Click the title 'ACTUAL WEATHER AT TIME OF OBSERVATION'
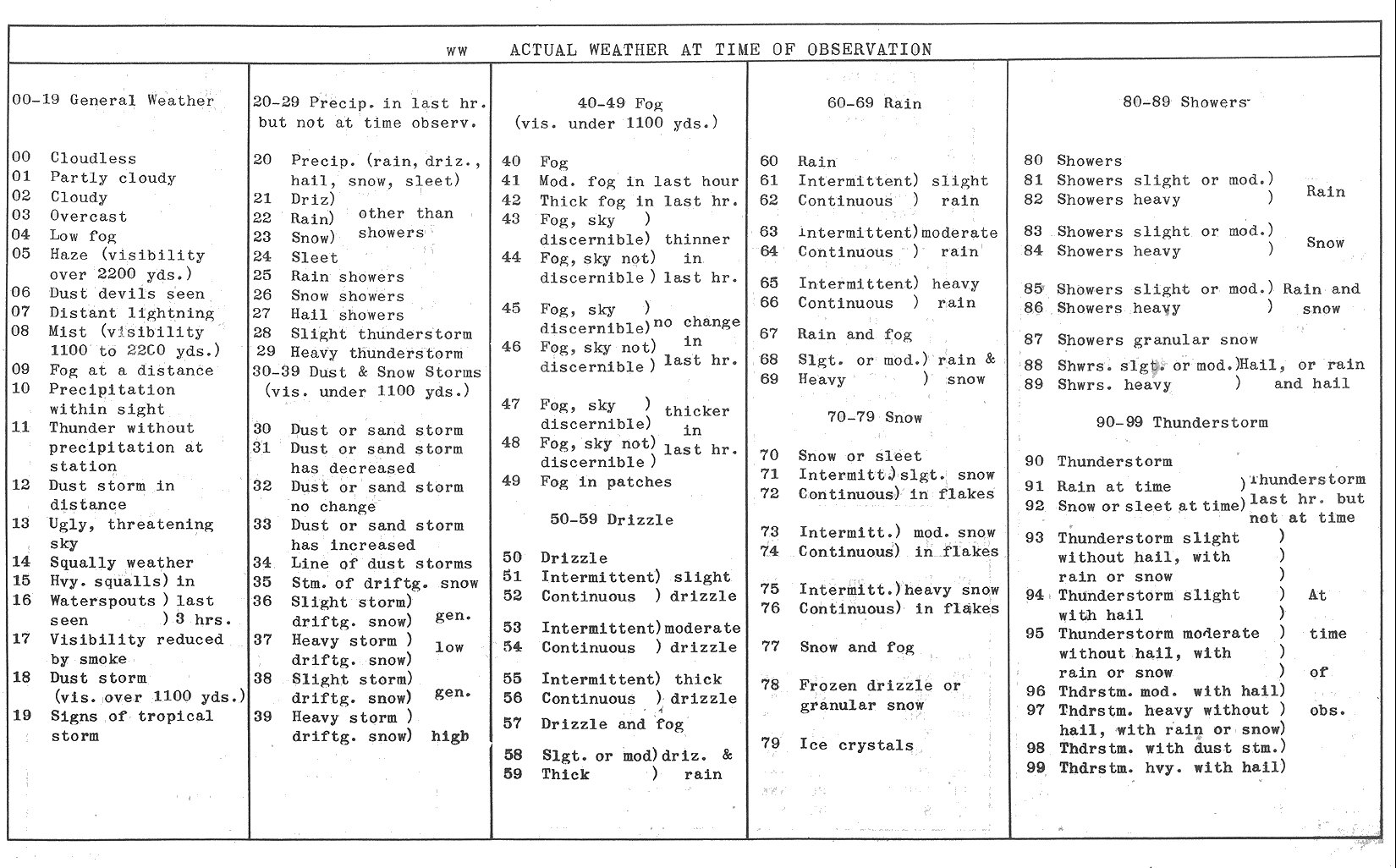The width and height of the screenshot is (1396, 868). pyautogui.click(x=721, y=50)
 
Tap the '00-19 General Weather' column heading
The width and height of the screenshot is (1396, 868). pyautogui.click(x=113, y=100)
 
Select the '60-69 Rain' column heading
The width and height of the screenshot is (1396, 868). pyautogui.click(x=874, y=103)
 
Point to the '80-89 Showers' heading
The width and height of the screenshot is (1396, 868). pyautogui.click(x=1185, y=102)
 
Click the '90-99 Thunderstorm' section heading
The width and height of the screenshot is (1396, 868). pyautogui.click(x=1181, y=422)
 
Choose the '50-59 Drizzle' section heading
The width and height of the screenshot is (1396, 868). pyautogui.click(x=612, y=519)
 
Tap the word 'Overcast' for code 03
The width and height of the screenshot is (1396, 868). pyautogui.click(x=88, y=217)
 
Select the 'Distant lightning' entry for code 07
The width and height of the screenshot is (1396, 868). pyautogui.click(x=130, y=312)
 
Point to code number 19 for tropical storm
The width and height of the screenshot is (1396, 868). pyautogui.click(x=22, y=716)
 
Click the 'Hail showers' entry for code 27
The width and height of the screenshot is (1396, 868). pyautogui.click(x=347, y=315)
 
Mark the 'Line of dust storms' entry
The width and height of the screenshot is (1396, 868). pyautogui.click(x=381, y=563)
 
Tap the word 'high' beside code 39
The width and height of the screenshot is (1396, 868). pyautogui.click(x=449, y=736)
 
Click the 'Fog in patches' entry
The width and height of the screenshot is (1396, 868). pyautogui.click(x=606, y=482)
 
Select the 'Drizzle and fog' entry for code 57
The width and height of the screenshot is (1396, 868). pyautogui.click(x=612, y=724)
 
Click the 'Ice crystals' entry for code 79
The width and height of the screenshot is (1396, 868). pyautogui.click(x=856, y=745)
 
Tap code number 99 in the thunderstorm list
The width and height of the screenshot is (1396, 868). pyautogui.click(x=1035, y=768)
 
